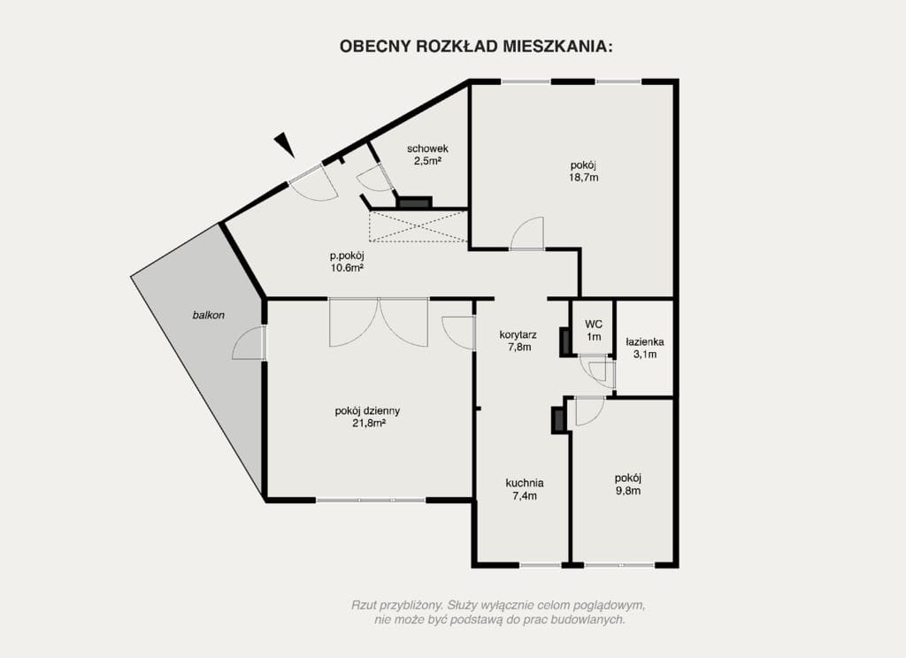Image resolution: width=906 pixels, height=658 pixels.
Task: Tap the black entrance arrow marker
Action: point(284,144)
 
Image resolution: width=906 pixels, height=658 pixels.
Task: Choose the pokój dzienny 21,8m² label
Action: point(367,417)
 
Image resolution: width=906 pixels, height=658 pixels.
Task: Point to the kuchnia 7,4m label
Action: point(524,489)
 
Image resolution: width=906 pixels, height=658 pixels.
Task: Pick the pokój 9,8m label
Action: point(627,484)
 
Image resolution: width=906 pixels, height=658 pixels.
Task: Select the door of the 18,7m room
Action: point(528,234)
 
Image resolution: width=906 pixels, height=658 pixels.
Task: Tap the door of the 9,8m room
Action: point(588,411)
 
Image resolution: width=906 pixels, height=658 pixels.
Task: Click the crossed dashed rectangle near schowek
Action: point(418,226)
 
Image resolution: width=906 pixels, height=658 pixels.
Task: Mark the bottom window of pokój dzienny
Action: point(371,501)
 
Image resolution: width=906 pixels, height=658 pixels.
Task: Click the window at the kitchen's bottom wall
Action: point(540,564)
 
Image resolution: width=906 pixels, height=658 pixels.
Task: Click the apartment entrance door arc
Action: point(315,182)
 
